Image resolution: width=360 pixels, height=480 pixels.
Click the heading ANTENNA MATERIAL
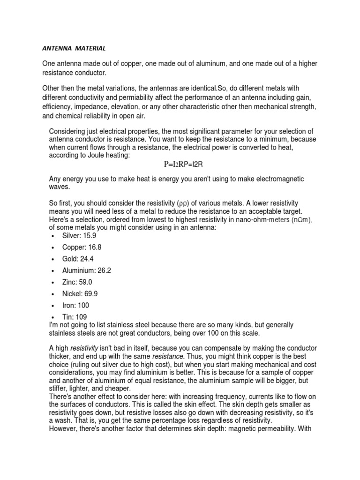(74, 48)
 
